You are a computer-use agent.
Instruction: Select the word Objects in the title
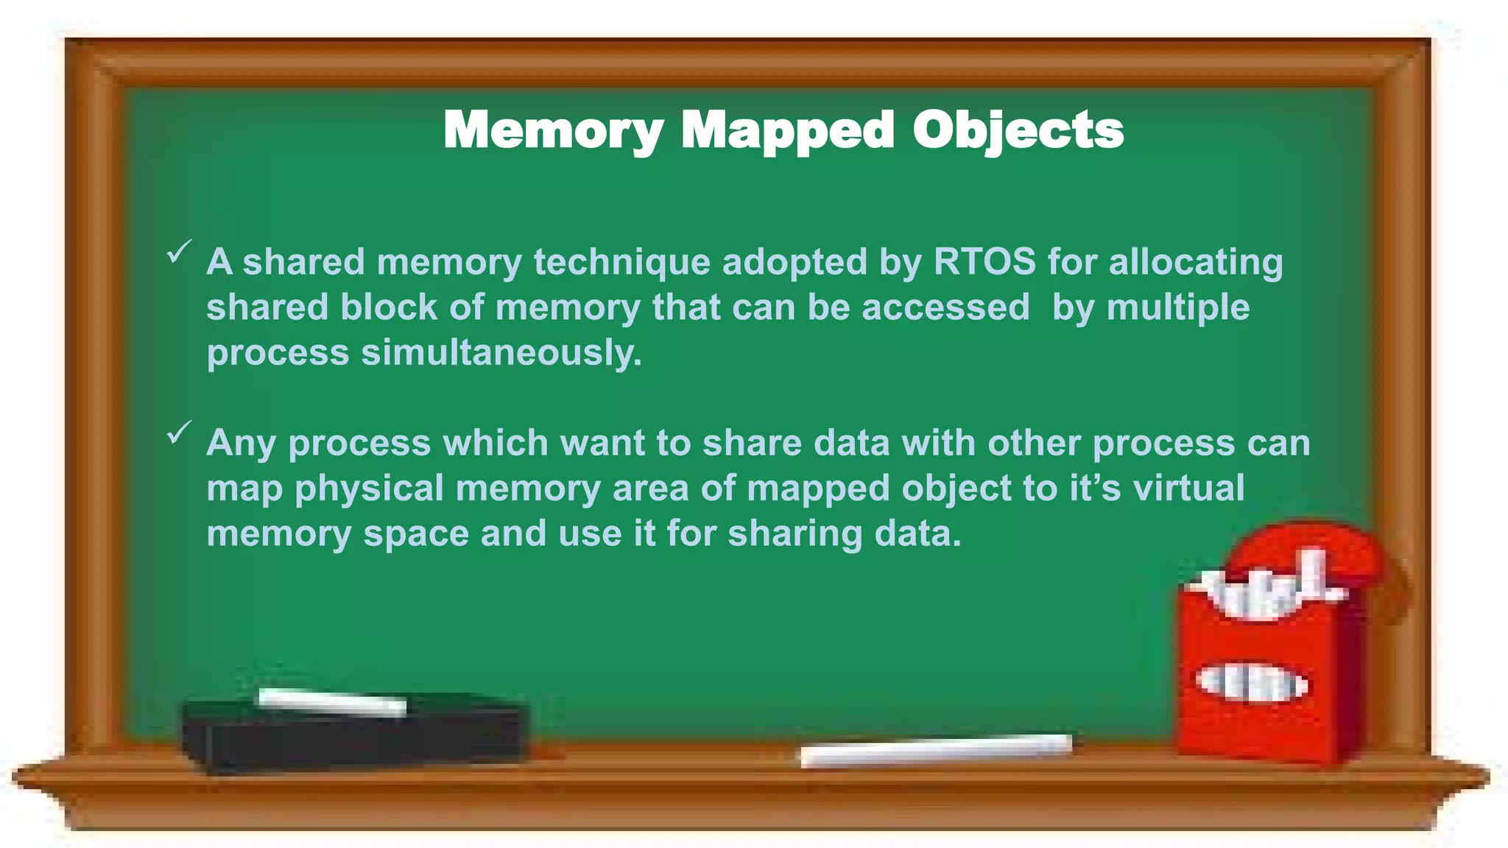click(x=1018, y=131)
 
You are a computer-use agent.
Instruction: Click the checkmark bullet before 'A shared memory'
click(x=179, y=251)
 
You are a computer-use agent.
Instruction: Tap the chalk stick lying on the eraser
click(x=332, y=702)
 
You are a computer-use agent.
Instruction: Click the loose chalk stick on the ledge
click(x=935, y=750)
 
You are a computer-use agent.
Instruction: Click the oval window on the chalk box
click(x=1252, y=683)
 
